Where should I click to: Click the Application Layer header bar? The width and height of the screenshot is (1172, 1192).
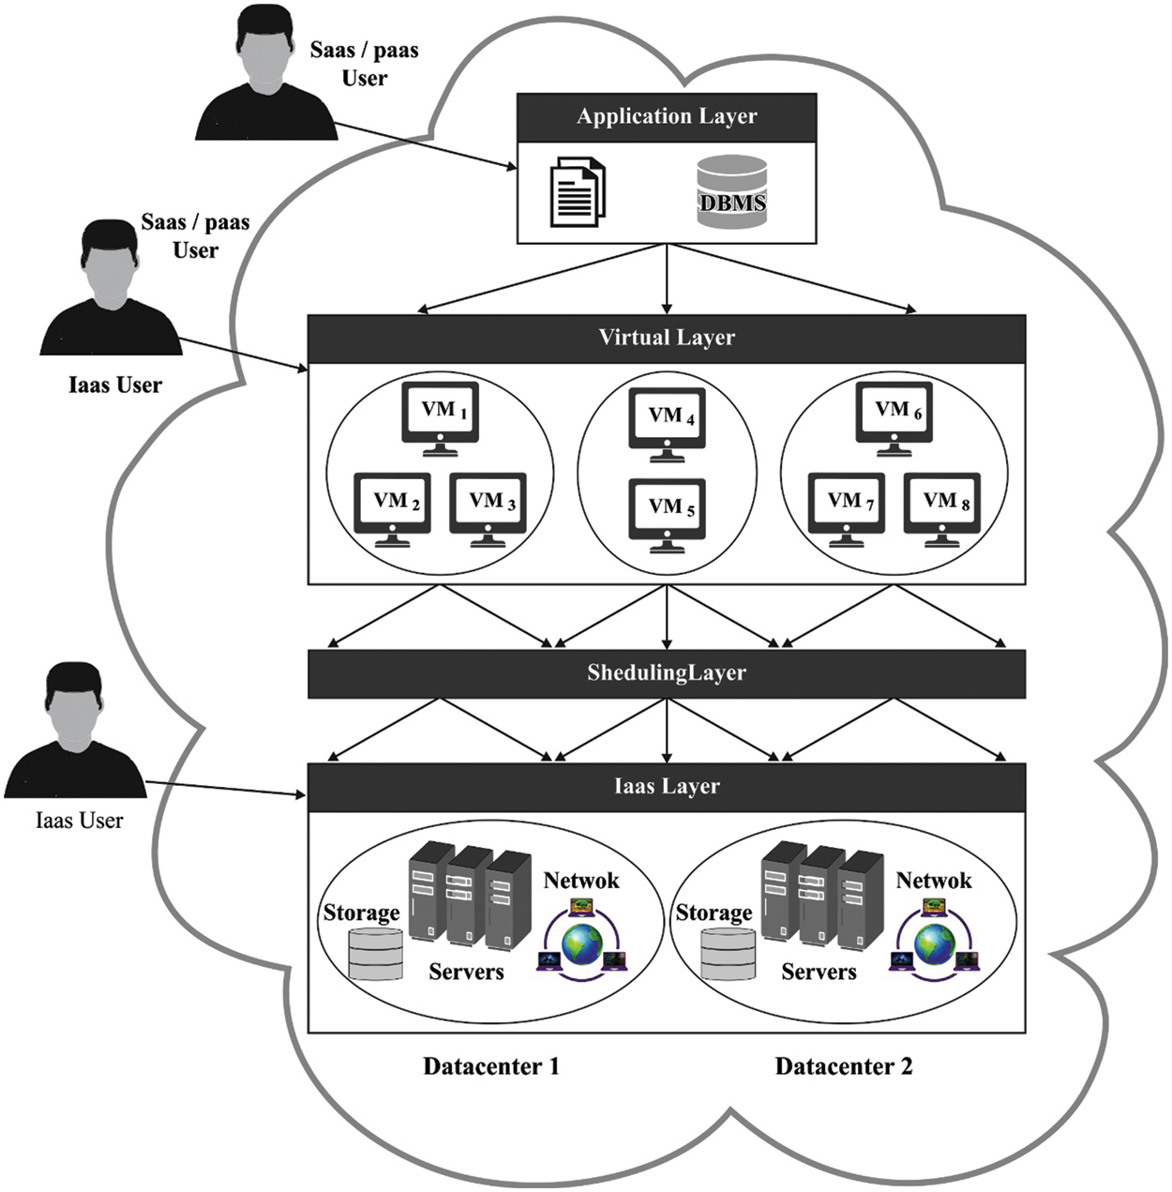click(667, 117)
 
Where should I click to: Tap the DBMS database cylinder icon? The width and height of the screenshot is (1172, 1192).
click(732, 192)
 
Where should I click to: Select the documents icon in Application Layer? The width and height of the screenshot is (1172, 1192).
click(577, 192)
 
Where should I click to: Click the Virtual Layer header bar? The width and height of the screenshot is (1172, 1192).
click(667, 338)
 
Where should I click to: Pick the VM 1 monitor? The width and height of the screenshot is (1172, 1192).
click(441, 414)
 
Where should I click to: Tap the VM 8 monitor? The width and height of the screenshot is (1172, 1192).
click(942, 505)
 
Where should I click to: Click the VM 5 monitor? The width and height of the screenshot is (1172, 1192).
click(667, 510)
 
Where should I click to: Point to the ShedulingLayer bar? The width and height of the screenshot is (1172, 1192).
click(667, 673)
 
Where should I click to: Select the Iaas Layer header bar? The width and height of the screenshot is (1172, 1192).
click(667, 787)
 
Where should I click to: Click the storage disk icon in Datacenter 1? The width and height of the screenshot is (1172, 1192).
click(375, 954)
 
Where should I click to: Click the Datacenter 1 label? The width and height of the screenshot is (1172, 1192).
click(491, 1066)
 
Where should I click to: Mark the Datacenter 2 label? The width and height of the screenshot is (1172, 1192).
click(844, 1066)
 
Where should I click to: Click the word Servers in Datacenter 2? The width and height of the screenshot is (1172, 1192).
click(819, 973)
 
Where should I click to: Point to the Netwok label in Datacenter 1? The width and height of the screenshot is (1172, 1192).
click(581, 881)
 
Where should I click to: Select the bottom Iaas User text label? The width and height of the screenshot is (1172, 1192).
click(79, 822)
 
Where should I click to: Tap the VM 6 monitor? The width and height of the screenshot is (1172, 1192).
click(894, 414)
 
